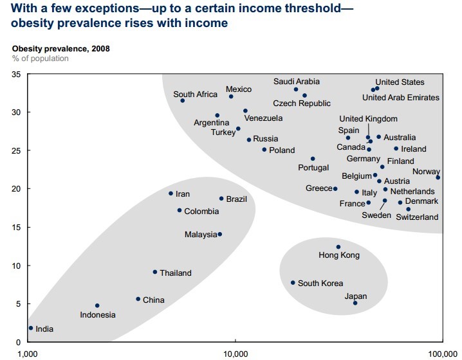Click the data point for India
click(30, 328)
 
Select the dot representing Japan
click(355, 303)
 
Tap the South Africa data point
click(183, 100)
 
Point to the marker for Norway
click(438, 177)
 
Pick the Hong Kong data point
click(338, 247)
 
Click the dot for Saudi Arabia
click(296, 89)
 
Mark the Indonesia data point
click(97, 305)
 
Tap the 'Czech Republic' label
click(302, 104)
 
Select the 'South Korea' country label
click(320, 283)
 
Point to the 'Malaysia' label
click(201, 235)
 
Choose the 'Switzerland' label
click(417, 217)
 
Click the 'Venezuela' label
click(263, 118)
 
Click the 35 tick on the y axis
click(17, 75)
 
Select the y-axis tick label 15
click(17, 228)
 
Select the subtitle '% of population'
click(40, 59)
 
